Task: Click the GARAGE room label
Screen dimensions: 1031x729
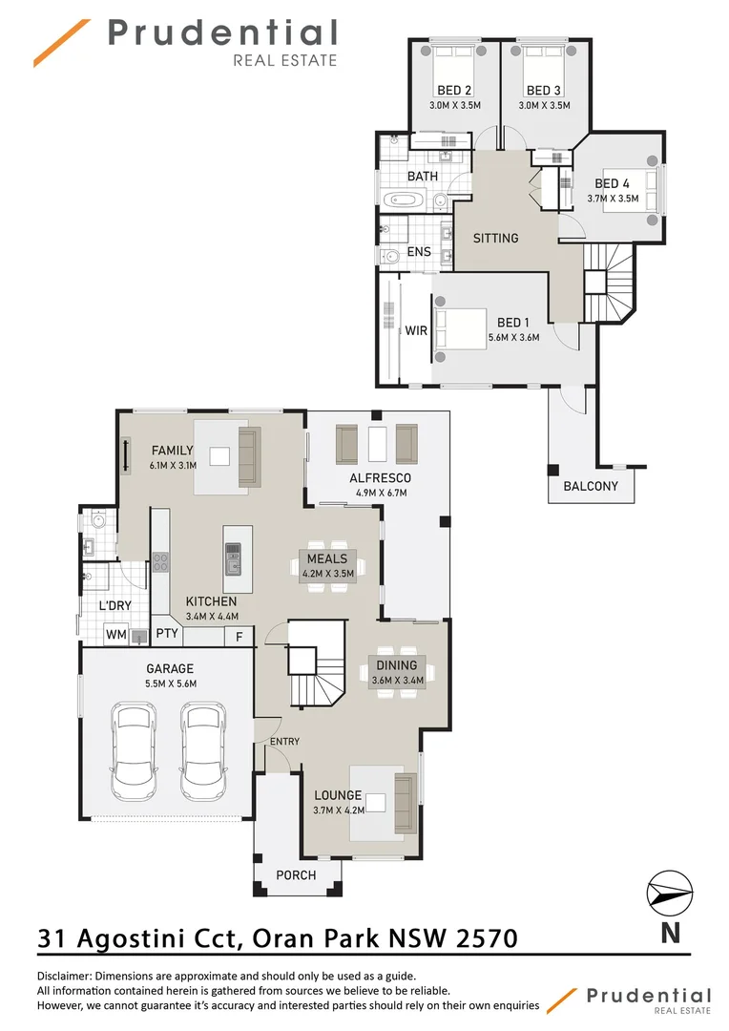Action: [169, 669]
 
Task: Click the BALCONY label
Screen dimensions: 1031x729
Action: [591, 486]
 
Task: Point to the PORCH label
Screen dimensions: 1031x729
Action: [296, 875]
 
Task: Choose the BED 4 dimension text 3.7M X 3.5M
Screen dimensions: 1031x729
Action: [614, 200]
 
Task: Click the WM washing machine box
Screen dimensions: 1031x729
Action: [115, 635]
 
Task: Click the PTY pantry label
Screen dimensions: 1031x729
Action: [167, 634]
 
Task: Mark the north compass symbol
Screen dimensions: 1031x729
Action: [671, 894]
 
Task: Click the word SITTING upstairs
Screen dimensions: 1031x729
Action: [495, 238]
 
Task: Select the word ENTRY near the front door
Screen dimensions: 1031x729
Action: [284, 742]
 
